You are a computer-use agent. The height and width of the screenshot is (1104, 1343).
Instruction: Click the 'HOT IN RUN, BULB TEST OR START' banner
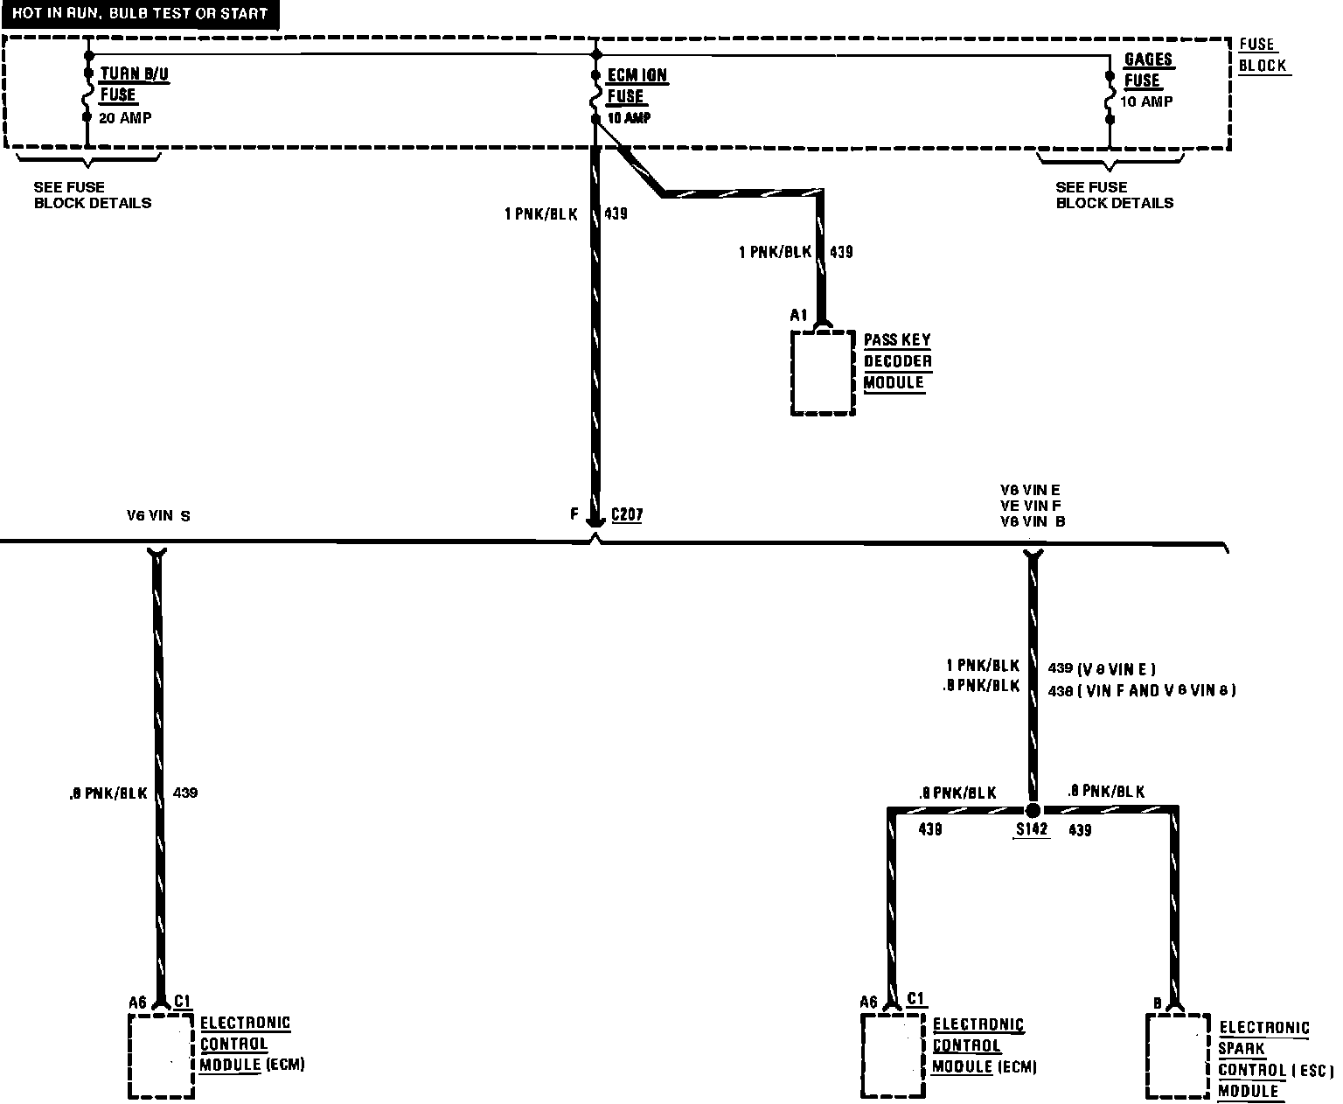click(x=140, y=14)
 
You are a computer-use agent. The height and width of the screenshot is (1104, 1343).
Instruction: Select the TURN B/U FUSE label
click(x=134, y=85)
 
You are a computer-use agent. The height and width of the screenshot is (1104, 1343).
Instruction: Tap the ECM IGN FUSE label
click(x=637, y=86)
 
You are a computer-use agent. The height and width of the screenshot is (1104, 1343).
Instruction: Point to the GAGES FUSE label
click(x=1147, y=70)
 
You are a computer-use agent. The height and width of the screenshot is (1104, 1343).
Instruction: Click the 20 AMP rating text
click(x=125, y=118)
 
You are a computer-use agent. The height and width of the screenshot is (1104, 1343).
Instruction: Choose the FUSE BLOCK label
click(x=1263, y=54)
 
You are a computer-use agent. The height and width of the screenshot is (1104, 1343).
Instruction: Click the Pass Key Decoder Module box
click(x=822, y=372)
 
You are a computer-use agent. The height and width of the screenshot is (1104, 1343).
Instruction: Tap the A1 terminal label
click(x=798, y=315)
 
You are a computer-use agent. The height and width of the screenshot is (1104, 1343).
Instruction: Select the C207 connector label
click(x=627, y=514)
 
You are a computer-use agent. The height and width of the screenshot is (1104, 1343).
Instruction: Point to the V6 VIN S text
click(x=158, y=516)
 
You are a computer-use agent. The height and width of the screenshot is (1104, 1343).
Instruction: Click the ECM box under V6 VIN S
click(x=161, y=1054)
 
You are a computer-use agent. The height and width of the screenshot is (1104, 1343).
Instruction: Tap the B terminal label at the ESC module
click(x=1157, y=1003)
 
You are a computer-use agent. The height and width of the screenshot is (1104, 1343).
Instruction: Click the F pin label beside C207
click(x=574, y=514)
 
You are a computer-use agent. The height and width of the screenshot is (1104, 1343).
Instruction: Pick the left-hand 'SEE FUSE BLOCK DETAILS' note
click(x=93, y=195)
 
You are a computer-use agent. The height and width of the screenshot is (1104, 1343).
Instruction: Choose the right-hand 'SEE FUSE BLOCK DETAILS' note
click(x=1114, y=195)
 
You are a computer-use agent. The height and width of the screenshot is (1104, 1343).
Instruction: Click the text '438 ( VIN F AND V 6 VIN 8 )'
click(x=1141, y=690)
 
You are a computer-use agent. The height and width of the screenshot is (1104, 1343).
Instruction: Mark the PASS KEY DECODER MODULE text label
click(x=897, y=361)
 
